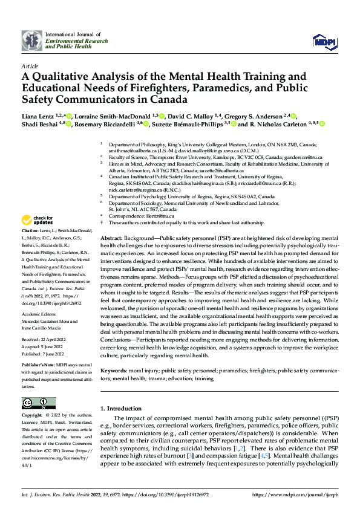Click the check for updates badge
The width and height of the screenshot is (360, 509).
pos(38,219)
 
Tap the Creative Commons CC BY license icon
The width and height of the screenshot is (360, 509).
pos(38,403)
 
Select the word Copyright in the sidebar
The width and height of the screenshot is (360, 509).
pos(32,416)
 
